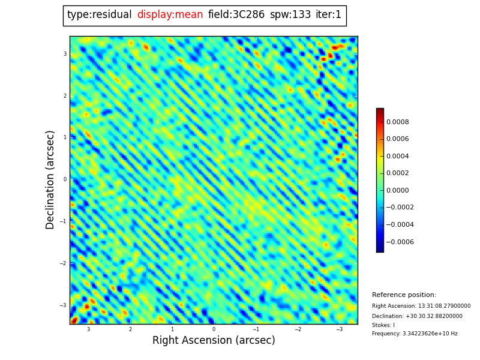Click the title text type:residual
coord(99,15)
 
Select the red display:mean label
coord(170,15)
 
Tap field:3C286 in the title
coord(236,15)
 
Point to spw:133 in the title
coord(290,15)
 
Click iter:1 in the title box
coord(328,15)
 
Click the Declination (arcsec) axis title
coord(50,179)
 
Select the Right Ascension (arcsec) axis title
coord(214,341)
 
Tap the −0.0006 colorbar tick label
coord(399,242)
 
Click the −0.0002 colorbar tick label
coord(399,208)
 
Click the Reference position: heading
coord(404,295)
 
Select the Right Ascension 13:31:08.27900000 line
coord(421,306)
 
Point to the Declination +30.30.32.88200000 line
coord(417,316)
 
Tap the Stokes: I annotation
coord(383,325)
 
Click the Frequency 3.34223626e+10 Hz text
coord(415,334)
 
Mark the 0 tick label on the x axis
coord(214,329)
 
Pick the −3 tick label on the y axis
coord(64,305)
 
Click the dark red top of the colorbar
coord(380,111)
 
